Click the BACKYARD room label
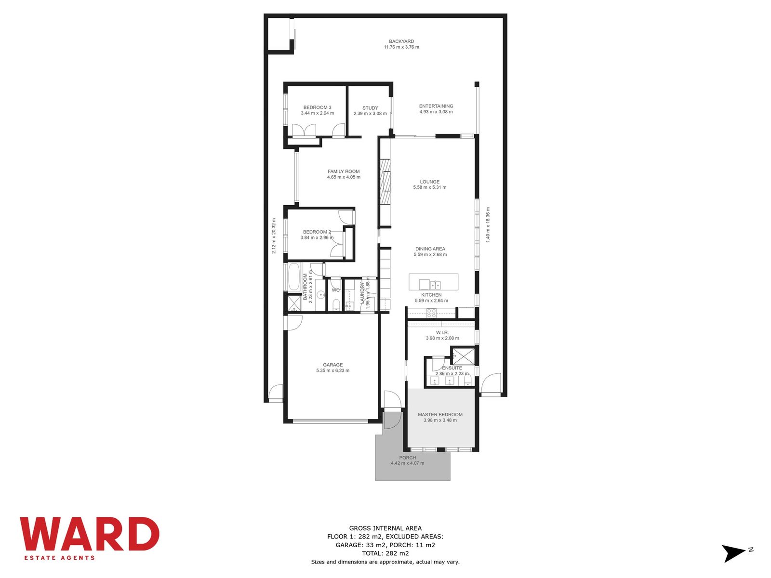(401, 41)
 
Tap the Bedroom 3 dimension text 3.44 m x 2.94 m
(317, 113)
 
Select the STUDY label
(370, 108)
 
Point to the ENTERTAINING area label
(436, 106)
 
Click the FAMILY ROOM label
(343, 171)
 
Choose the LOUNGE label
(429, 182)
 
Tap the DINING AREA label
(429, 249)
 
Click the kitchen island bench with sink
(433, 282)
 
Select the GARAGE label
(332, 365)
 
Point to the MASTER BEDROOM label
(440, 414)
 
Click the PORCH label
(407, 458)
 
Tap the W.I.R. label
(442, 332)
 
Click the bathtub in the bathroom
(293, 277)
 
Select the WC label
(335, 290)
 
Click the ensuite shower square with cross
(463, 357)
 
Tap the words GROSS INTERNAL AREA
(385, 528)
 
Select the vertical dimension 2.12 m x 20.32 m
(274, 236)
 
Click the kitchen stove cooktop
(431, 312)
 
